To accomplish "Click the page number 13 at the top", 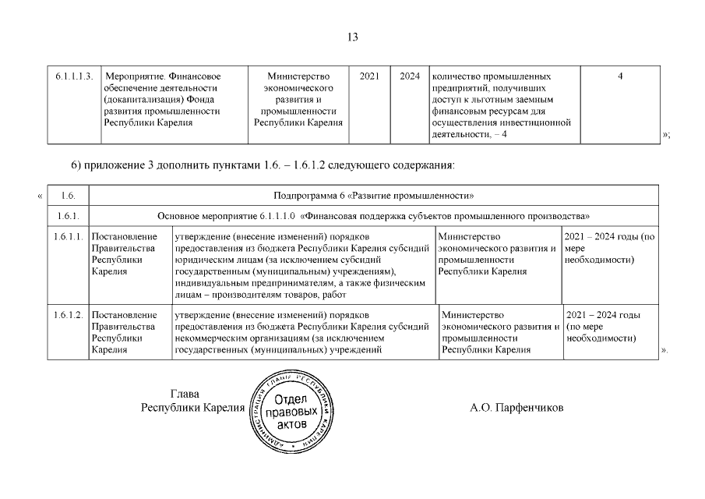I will [351, 37].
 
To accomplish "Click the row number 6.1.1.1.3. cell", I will [75, 76].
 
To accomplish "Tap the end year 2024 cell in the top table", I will [409, 76].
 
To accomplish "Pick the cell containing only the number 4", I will [620, 76].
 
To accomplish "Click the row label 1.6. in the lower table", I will [67, 195].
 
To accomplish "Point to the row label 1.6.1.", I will [67, 215].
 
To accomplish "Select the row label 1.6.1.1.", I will [67, 236].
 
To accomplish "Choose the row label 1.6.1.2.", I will [67, 314].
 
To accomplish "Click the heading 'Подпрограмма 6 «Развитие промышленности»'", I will [374, 195].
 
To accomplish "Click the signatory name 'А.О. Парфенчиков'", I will [516, 408].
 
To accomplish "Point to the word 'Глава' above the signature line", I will [185, 395].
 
